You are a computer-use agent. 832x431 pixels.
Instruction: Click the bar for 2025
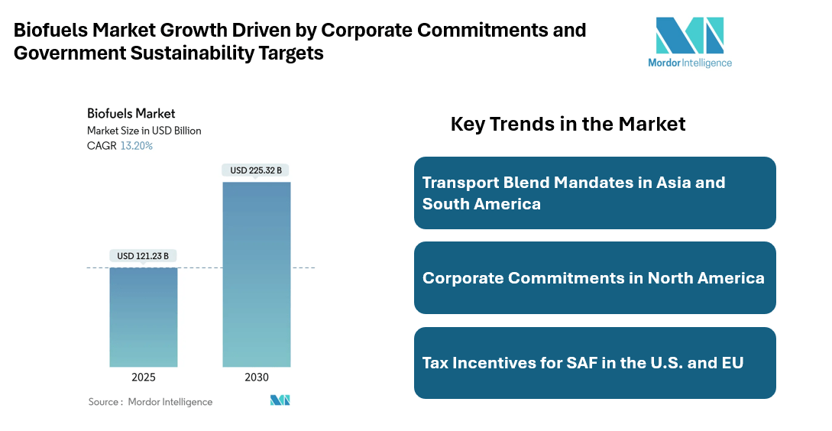(144, 316)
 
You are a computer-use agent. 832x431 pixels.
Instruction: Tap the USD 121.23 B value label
(144, 255)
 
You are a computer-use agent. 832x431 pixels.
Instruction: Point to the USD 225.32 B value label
(257, 170)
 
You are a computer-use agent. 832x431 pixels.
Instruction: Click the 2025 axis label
(144, 378)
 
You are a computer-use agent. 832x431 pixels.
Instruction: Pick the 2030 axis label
(257, 378)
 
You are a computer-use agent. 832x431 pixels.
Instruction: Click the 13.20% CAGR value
(137, 145)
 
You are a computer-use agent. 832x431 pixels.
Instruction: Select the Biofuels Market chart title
(131, 114)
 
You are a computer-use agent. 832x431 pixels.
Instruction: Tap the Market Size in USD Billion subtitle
(144, 131)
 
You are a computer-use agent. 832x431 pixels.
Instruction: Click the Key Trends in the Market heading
(568, 124)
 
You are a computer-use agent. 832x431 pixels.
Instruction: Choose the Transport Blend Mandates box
(594, 193)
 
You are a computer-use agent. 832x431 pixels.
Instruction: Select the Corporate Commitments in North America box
(594, 277)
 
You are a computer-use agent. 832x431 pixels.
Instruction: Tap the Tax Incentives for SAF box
(594, 362)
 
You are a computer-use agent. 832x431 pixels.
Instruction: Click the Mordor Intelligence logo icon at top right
(689, 35)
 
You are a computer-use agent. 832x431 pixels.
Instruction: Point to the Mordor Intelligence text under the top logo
(689, 63)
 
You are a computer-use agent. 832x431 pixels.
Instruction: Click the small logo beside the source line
(280, 400)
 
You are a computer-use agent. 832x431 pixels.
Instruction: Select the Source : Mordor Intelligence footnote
(151, 402)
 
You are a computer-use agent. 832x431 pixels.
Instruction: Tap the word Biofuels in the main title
(50, 31)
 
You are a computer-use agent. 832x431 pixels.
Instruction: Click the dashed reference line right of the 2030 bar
(303, 267)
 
